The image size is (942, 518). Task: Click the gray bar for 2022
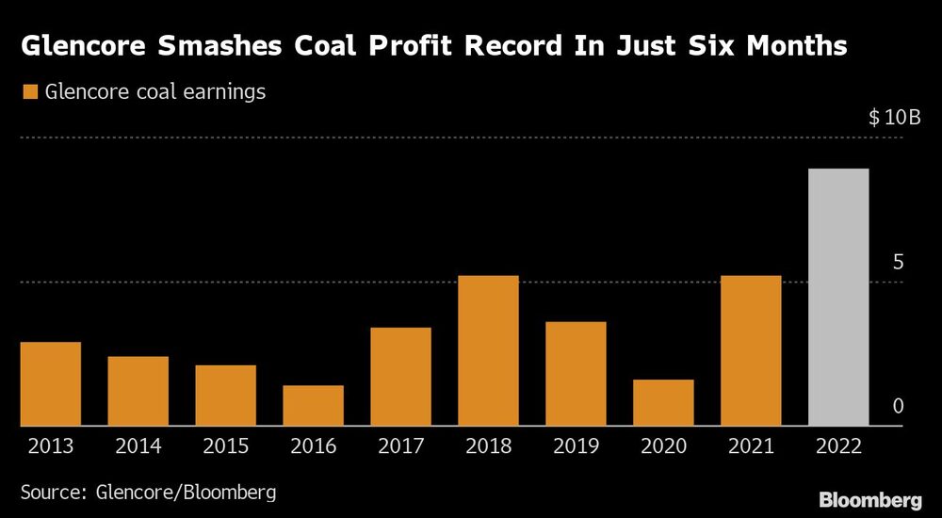click(838, 297)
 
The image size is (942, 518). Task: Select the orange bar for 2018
click(488, 350)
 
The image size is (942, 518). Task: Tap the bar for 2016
click(313, 405)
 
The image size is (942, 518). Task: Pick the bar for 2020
click(663, 402)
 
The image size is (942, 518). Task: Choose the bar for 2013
click(50, 383)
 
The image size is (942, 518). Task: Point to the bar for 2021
click(751, 350)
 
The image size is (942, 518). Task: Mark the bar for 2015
click(225, 395)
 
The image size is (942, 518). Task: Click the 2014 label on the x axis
click(138, 446)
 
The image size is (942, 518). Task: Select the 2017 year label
click(400, 446)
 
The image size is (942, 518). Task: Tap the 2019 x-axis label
click(576, 446)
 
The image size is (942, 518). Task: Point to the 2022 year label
click(838, 446)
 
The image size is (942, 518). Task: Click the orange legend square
click(29, 92)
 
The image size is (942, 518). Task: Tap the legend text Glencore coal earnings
click(155, 92)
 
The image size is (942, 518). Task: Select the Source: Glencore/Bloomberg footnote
click(149, 492)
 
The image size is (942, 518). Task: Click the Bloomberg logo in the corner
click(871, 499)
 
